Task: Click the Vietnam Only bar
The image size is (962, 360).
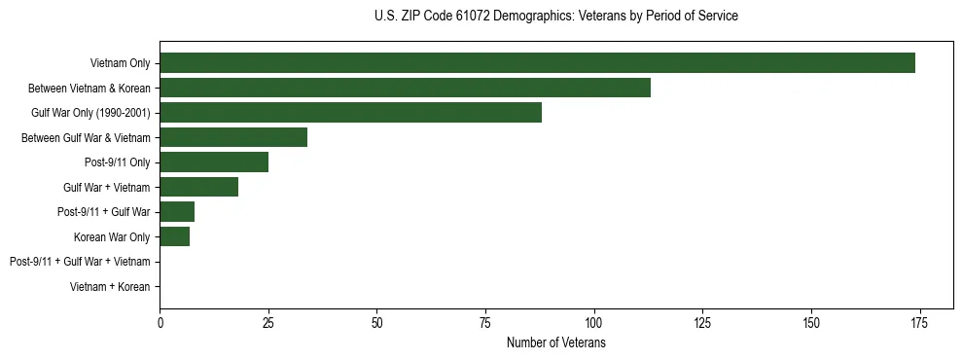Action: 537,63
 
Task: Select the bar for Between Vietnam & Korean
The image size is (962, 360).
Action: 405,88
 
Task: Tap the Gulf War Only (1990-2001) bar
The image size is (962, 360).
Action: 350,113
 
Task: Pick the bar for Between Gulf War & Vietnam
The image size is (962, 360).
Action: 233,137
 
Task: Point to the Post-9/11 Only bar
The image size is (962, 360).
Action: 214,162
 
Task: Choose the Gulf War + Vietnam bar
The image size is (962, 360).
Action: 198,187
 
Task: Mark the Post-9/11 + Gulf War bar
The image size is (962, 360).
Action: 177,212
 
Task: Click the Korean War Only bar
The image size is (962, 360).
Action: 175,236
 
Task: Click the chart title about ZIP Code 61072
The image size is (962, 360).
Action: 555,17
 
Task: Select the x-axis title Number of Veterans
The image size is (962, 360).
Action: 555,343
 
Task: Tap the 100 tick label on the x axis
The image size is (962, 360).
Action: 593,322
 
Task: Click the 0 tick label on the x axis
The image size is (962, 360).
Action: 160,322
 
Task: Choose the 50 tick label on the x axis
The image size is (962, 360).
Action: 376,322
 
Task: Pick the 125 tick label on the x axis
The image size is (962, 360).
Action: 701,322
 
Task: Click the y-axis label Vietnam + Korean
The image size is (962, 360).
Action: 110,287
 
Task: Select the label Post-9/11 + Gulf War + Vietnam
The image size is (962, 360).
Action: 80,262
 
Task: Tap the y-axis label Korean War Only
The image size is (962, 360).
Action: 112,237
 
